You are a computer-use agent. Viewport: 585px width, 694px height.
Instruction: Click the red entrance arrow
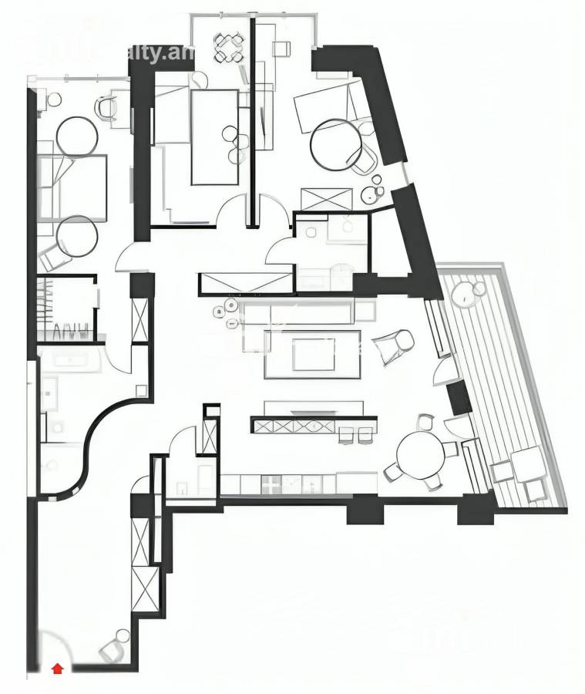click(56, 669)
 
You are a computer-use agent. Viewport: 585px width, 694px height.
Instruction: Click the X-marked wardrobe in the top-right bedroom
click(326, 197)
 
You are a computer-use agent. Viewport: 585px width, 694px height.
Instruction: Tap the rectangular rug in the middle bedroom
click(214, 137)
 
